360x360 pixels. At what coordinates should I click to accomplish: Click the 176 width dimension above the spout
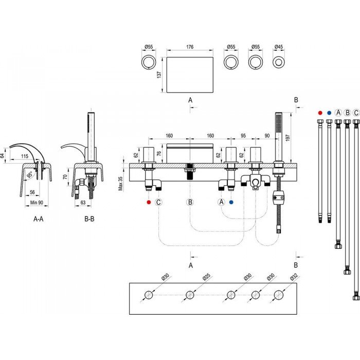coord(190,47)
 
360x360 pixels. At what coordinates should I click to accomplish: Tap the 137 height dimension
coord(159,75)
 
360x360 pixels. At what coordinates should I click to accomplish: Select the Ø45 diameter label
coord(279,47)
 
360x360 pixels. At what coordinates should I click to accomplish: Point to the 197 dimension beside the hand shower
coord(288,138)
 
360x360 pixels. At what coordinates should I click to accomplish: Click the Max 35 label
coord(120,184)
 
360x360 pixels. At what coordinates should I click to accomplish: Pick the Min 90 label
coord(37,203)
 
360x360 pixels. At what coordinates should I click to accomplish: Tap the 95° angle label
coord(30,175)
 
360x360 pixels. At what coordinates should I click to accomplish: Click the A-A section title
coord(39,219)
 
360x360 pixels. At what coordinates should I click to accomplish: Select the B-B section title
coord(89,219)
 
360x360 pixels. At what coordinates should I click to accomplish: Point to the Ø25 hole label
coord(206,277)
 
